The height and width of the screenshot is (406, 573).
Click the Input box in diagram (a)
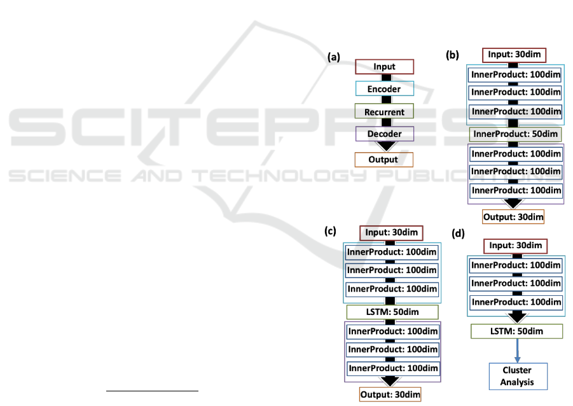coord(384,67)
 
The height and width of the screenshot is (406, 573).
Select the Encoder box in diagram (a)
coord(384,89)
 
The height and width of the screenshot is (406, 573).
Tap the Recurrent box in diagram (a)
coord(384,111)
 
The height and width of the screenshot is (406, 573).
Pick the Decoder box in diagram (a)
coord(384,134)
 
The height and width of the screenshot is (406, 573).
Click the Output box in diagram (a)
coord(383,160)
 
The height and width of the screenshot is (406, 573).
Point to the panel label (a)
coord(334,57)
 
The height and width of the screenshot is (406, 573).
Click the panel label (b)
coord(452,55)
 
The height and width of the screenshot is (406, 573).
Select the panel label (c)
coord(330,231)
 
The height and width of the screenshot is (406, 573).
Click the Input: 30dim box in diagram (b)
coord(513,55)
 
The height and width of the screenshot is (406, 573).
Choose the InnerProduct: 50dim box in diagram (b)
coord(516,134)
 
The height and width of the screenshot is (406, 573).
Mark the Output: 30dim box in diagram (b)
coord(514,217)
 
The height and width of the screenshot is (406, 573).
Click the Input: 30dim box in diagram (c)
coord(391,233)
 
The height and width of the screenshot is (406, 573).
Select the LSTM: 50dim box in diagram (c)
coord(392,312)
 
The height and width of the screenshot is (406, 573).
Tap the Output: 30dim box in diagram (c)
coord(390,395)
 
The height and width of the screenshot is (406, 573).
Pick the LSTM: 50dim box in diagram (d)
coord(516,332)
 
